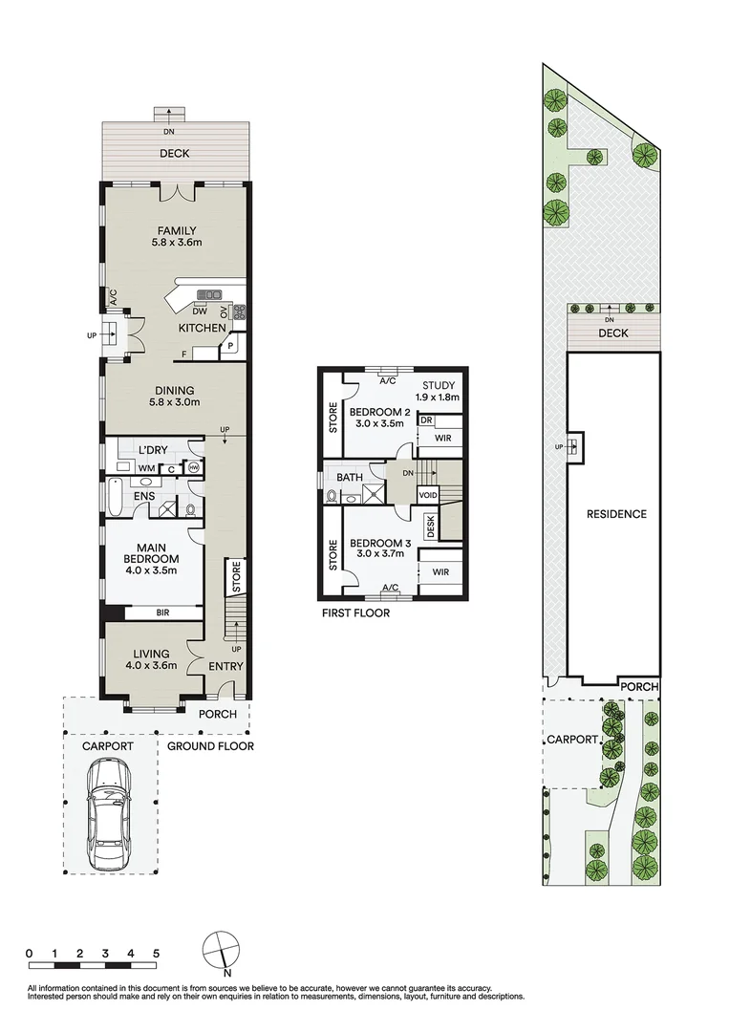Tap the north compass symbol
click(222, 951)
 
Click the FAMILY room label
click(177, 230)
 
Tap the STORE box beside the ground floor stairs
click(234, 577)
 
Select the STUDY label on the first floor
click(440, 385)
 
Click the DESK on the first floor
click(431, 527)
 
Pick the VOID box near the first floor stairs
click(427, 495)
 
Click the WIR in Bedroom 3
click(440, 571)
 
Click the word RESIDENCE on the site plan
click(616, 514)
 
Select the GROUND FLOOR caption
click(211, 746)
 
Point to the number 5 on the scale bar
click(156, 954)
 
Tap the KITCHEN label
click(202, 328)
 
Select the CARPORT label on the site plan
click(571, 740)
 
